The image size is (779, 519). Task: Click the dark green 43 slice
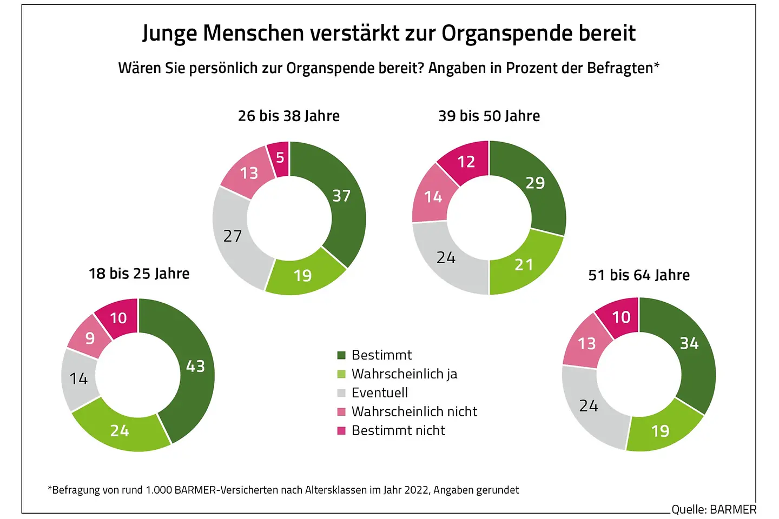click(196, 367)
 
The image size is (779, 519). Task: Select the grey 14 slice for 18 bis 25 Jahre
click(78, 378)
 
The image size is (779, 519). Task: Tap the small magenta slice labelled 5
click(280, 158)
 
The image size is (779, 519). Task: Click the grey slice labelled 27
click(233, 236)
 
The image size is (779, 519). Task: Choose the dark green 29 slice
click(535, 183)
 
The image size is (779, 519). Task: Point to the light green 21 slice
click(524, 265)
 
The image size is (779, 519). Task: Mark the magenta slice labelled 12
click(466, 162)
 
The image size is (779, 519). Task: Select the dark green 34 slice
click(689, 343)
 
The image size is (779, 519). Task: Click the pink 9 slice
click(90, 338)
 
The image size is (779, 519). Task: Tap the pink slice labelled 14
click(433, 197)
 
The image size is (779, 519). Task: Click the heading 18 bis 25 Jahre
click(139, 274)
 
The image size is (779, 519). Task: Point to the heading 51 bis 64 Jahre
click(639, 275)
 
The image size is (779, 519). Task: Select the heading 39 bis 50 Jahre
click(489, 116)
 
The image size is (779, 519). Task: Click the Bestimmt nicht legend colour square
click(341, 431)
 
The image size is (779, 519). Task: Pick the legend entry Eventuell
click(379, 393)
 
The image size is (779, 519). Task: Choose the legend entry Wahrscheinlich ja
click(404, 374)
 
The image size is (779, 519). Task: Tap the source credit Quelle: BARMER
click(714, 509)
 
